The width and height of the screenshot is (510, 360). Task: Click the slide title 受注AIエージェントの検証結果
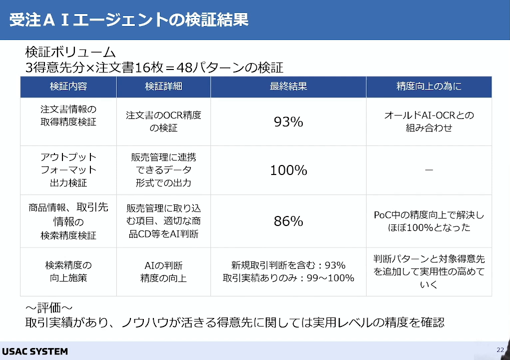(129, 20)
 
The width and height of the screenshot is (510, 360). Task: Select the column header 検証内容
(68, 86)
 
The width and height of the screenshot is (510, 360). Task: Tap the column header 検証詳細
(163, 86)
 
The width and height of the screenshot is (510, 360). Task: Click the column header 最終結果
(288, 86)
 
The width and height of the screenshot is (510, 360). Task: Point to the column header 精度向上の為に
(429, 86)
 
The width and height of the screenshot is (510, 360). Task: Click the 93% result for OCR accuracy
(288, 121)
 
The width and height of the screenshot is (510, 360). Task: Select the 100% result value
(289, 170)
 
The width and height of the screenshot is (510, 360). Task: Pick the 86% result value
(288, 221)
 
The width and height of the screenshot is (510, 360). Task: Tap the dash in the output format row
(429, 170)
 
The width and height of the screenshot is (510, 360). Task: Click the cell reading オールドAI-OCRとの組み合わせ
(429, 121)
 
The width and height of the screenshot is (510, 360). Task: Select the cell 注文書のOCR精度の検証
(164, 121)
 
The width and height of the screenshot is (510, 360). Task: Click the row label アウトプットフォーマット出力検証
(68, 170)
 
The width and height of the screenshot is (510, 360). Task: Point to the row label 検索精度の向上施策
(68, 271)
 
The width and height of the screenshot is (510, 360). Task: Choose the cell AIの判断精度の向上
(164, 271)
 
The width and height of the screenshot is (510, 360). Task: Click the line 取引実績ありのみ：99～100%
(289, 278)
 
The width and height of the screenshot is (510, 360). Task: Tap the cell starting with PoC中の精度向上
(429, 221)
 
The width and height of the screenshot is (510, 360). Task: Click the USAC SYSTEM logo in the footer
(35, 351)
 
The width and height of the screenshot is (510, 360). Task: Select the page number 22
(500, 350)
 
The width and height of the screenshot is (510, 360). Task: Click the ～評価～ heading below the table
(49, 307)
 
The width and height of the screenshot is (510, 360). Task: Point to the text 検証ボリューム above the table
(70, 52)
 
